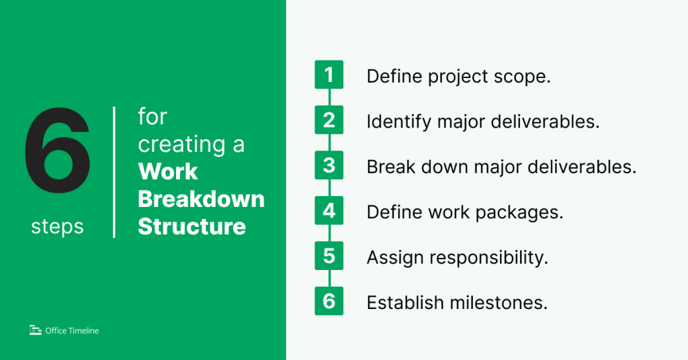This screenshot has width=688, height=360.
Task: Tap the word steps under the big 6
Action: pos(57,227)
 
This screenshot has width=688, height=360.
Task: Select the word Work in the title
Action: pos(168,172)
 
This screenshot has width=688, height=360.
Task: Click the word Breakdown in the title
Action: pos(201,199)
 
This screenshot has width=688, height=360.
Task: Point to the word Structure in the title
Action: pos(191,226)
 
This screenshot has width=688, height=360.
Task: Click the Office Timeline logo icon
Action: pos(36,330)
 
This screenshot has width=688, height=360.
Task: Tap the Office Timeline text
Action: pos(72,330)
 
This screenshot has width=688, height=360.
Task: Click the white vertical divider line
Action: pos(114,172)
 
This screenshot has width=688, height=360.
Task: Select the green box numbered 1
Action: pos(329,75)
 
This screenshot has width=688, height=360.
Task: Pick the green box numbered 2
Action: pos(329,120)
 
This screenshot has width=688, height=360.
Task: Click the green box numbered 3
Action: pos(329,165)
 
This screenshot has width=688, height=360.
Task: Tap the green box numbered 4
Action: pos(329,211)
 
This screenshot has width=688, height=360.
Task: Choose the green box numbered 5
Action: pos(329,256)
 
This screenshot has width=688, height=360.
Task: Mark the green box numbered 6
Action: pos(329,301)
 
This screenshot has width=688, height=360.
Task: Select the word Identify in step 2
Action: pos(392,122)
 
